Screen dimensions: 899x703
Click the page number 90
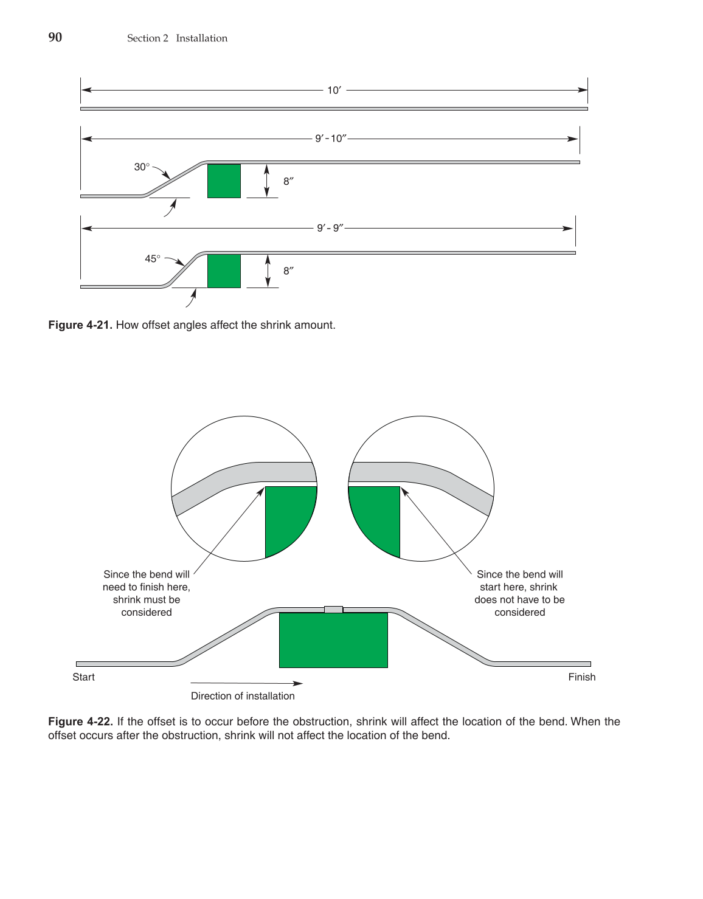(55, 38)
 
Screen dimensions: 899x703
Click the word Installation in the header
(201, 38)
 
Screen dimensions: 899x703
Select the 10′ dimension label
(334, 91)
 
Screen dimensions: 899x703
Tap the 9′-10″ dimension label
(330, 139)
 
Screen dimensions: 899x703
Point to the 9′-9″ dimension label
(330, 229)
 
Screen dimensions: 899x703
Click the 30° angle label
(142, 167)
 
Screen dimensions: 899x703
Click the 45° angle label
(153, 259)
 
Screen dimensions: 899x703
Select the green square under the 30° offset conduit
(224, 181)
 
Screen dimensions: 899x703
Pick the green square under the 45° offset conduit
(224, 271)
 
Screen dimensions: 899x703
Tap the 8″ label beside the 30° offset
(288, 181)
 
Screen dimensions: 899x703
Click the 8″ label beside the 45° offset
(288, 271)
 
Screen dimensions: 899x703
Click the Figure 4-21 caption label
(80, 325)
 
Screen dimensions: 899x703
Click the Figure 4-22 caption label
(80, 722)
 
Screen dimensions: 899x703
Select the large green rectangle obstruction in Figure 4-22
(333, 640)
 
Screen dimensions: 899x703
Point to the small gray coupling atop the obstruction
(333, 609)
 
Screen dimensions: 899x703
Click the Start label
(83, 677)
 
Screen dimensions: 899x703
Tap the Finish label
(581, 677)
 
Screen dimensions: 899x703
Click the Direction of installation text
(243, 696)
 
